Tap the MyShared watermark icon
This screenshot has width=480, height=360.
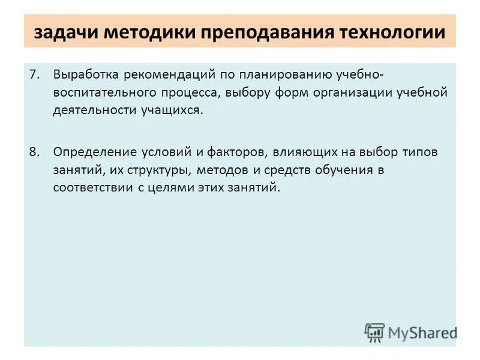[x=374, y=332]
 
